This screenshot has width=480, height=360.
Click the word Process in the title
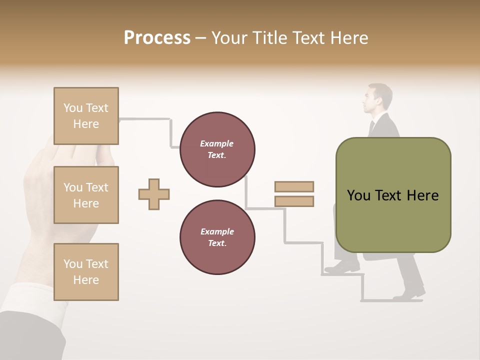click(157, 38)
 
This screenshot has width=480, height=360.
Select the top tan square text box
click(86, 116)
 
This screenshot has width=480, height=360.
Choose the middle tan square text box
click(86, 195)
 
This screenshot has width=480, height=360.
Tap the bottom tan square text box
click(86, 272)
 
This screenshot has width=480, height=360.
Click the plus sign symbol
click(154, 194)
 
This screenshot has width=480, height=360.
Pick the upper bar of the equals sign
click(294, 186)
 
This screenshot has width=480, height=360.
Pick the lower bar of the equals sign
click(294, 201)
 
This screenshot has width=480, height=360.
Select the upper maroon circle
click(217, 149)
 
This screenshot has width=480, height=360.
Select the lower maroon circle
click(217, 237)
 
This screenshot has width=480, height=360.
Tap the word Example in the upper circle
click(217, 144)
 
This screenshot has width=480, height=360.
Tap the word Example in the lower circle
click(217, 232)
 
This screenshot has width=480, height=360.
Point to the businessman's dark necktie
click(371, 128)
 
